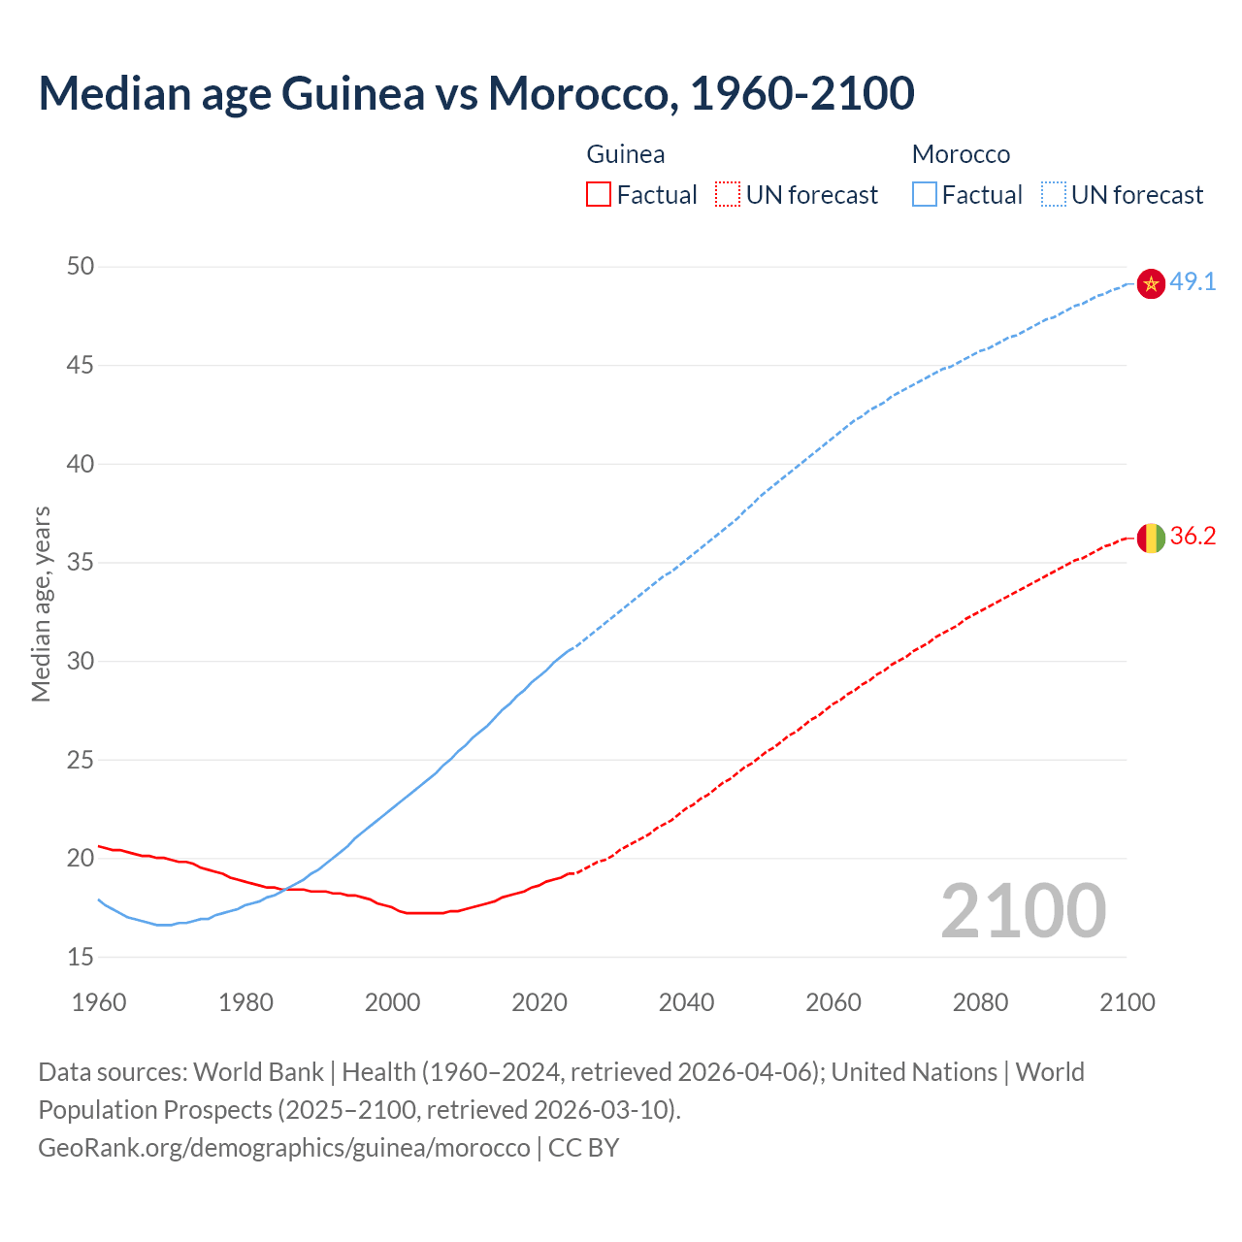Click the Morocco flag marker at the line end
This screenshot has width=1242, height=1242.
pyautogui.click(x=1151, y=283)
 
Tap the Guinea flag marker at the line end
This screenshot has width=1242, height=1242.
pyautogui.click(x=1151, y=537)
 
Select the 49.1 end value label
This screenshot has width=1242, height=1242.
pyautogui.click(x=1193, y=282)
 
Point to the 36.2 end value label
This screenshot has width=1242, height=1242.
pyautogui.click(x=1193, y=537)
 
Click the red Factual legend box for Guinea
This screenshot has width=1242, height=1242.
pyautogui.click(x=599, y=195)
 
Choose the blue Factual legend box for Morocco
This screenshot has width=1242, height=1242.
pyautogui.click(x=924, y=195)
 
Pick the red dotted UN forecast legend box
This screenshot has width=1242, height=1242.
pyautogui.click(x=728, y=195)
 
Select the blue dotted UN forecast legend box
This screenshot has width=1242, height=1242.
pyautogui.click(x=1053, y=195)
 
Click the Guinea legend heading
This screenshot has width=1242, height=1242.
pyautogui.click(x=626, y=154)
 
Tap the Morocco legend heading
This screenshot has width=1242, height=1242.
pyautogui.click(x=961, y=154)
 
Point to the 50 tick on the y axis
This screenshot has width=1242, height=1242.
pyautogui.click(x=81, y=266)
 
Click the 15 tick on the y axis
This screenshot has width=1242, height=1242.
pyautogui.click(x=81, y=957)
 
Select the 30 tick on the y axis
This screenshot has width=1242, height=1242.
pyautogui.click(x=81, y=661)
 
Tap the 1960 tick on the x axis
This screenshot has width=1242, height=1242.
pyautogui.click(x=99, y=1002)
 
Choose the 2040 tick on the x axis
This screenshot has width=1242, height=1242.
pyautogui.click(x=686, y=1002)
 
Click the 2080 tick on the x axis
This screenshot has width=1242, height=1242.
pyautogui.click(x=980, y=1002)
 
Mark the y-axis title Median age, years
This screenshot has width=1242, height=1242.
pyautogui.click(x=41, y=604)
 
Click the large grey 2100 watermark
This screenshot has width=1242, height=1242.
pyautogui.click(x=1023, y=911)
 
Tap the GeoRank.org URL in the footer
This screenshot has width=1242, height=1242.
pyautogui.click(x=284, y=1148)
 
